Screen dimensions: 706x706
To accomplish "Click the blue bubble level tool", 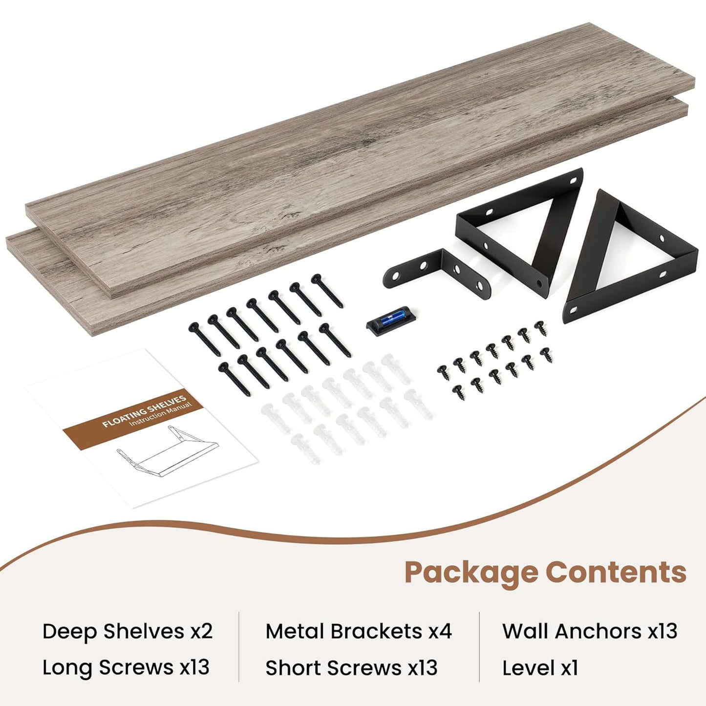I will (391, 321).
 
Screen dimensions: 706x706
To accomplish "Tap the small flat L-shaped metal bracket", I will (435, 272).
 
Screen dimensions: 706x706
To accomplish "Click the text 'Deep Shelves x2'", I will (127, 631).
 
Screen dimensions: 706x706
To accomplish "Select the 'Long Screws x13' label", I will (126, 667).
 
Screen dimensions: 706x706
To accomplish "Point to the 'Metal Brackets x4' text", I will (358, 631).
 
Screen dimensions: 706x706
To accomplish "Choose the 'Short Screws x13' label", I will (351, 668).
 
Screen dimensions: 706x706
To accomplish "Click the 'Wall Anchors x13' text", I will (589, 631).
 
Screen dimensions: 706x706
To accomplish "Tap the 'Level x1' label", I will (540, 668).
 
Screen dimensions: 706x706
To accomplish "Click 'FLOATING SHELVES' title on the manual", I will (144, 412).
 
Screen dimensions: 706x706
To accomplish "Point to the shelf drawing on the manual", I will (167, 452).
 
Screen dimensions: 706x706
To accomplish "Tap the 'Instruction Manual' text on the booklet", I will (161, 415).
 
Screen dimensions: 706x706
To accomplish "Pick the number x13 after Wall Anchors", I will (663, 631).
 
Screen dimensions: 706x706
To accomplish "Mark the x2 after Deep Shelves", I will (201, 631).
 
